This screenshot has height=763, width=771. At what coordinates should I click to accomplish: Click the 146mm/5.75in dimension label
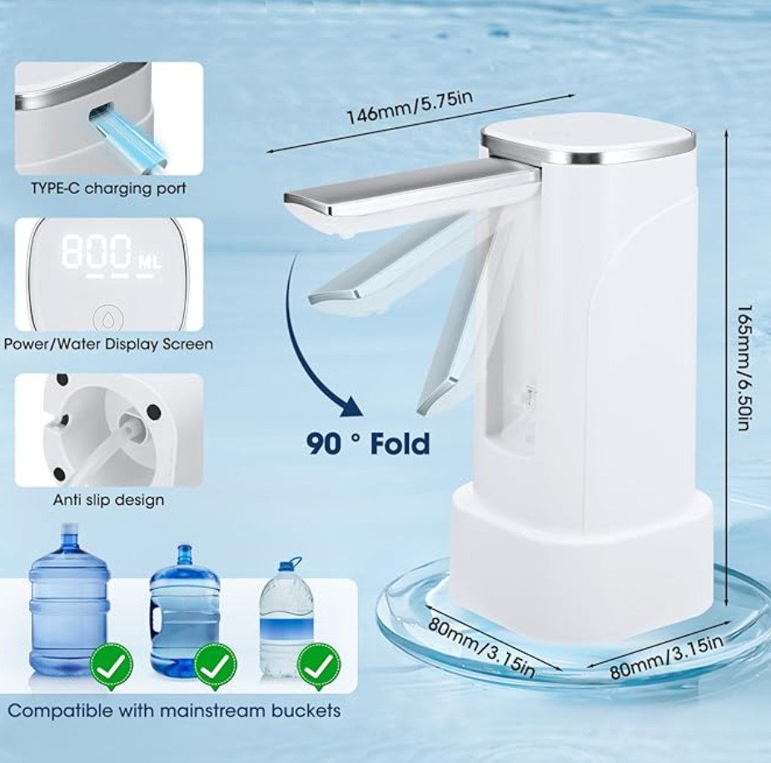pyautogui.click(x=410, y=107)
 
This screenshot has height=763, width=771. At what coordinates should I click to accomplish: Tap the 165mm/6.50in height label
pyautogui.click(x=744, y=367)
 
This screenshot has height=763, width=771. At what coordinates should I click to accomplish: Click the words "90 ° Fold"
pyautogui.click(x=368, y=443)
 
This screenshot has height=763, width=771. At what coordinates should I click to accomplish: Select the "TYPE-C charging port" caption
pyautogui.click(x=109, y=188)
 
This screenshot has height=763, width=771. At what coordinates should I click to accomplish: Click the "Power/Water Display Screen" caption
pyautogui.click(x=109, y=344)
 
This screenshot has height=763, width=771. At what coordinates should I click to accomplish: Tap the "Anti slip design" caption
pyautogui.click(x=109, y=500)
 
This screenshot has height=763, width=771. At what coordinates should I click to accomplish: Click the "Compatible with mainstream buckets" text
pyautogui.click(x=174, y=711)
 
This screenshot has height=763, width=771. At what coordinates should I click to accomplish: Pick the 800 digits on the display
pyautogui.click(x=97, y=252)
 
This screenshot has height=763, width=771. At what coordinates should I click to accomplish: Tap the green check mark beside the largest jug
pyautogui.click(x=112, y=666)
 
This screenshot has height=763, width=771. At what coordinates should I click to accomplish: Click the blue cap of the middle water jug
pyautogui.click(x=184, y=553)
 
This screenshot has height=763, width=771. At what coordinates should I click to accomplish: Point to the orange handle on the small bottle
pyautogui.click(x=290, y=563)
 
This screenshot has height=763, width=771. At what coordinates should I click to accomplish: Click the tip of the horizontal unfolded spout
pyautogui.click(x=286, y=198)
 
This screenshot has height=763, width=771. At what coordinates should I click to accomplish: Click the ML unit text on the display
pyautogui.click(x=149, y=262)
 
